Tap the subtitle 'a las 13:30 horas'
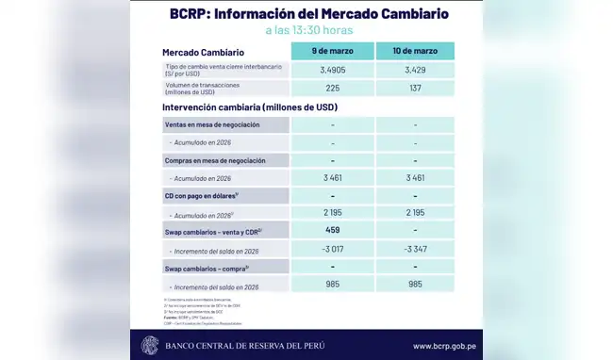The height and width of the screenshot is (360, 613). coord(307,32)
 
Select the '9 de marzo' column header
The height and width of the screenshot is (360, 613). coord(333,52)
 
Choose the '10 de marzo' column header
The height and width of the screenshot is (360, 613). coord(415,52)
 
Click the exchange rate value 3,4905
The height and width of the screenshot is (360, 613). coord(333,71)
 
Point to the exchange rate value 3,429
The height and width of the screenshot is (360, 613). coord(415,71)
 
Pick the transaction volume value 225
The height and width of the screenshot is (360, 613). coord(333,90)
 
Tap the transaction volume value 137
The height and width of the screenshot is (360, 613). coord(415,90)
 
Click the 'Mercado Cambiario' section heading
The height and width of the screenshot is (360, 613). coord(204,52)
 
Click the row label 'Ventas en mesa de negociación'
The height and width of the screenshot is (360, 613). coord(212,125)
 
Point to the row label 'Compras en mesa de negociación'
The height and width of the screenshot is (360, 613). coord(214,160)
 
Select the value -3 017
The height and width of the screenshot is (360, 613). coord(333,250)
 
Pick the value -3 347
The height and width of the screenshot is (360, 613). coord(415,250)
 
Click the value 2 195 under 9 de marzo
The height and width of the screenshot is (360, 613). coord(333,214)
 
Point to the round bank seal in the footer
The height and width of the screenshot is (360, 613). coord(150,345)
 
